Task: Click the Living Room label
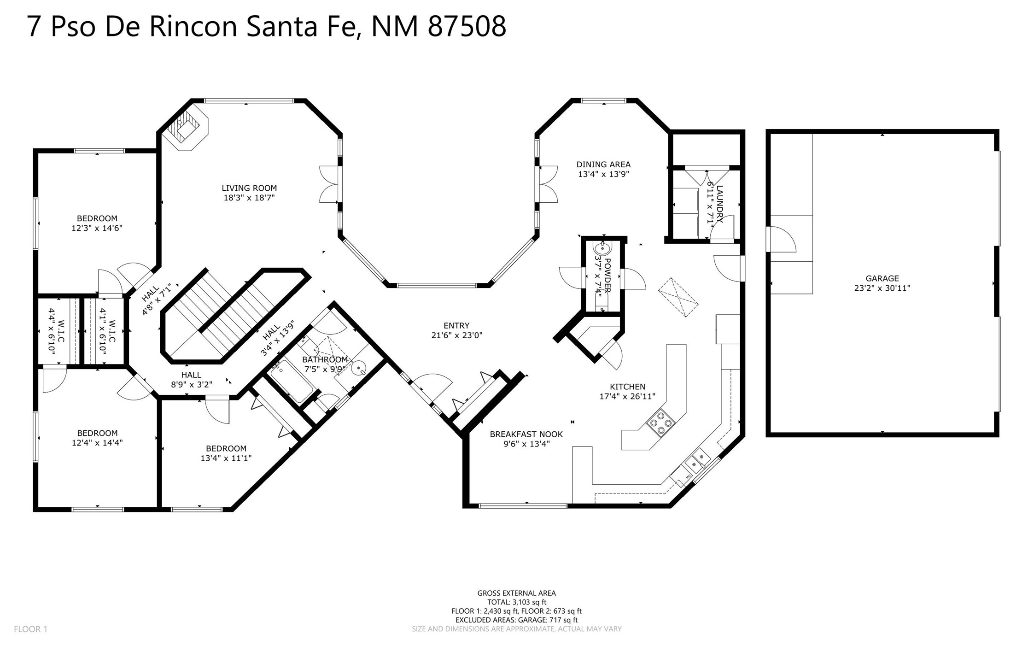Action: pos(249,188)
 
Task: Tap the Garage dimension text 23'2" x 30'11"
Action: pos(882,288)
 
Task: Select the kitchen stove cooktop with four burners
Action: pos(661,423)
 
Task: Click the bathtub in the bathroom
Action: pos(292,381)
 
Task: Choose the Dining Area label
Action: pos(603,164)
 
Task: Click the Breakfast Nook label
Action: pos(526,434)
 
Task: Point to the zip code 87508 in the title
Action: pos(467,26)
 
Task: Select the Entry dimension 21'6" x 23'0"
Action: pos(456,335)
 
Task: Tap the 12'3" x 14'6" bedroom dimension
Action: pos(97,228)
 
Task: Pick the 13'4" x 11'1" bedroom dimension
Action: pos(226,458)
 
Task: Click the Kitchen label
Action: pos(627,387)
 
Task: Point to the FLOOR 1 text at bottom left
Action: pos(30,629)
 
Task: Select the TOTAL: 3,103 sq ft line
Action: pos(517,602)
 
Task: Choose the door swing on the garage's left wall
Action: pos(783,239)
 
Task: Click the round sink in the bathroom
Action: pos(359,369)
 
